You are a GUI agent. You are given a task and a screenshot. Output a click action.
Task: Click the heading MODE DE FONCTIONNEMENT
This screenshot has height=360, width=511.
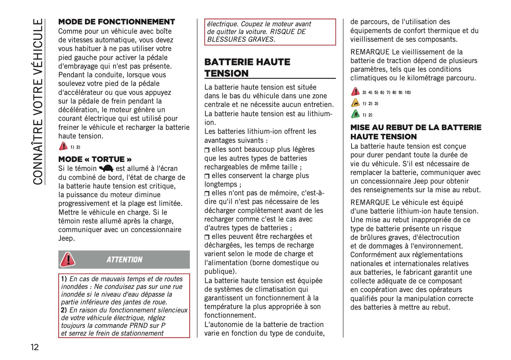click(x=116, y=22)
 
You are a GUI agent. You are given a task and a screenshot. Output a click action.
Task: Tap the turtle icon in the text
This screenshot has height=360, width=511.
click(x=106, y=169)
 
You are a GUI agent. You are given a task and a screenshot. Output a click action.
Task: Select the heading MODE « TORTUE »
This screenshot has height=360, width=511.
click(x=95, y=159)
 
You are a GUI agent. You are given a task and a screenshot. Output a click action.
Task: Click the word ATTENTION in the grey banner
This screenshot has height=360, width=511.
click(x=124, y=260)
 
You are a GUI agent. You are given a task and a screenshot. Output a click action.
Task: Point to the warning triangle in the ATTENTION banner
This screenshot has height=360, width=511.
click(x=68, y=259)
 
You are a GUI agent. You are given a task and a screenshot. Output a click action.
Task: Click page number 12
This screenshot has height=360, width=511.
click(x=34, y=347)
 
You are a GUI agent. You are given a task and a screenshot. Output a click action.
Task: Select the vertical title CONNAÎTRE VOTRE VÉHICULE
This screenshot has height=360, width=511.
click(x=38, y=102)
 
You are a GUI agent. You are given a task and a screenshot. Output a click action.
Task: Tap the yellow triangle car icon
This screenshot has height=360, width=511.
click(x=355, y=103)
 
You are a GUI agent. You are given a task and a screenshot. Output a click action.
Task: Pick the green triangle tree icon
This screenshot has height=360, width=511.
click(x=355, y=115)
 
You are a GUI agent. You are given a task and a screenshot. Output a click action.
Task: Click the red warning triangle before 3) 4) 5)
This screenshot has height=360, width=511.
click(x=355, y=92)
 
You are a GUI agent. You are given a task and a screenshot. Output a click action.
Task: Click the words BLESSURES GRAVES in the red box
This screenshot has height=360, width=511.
click(x=241, y=40)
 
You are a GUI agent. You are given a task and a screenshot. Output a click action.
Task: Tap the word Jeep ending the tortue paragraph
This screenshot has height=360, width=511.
click(x=66, y=238)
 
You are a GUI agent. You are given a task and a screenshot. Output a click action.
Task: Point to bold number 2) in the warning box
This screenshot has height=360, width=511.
click(x=64, y=310)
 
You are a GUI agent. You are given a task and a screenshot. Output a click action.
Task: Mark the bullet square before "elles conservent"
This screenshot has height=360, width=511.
click(x=207, y=176)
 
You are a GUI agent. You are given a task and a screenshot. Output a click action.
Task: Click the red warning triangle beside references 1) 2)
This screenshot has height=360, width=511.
click(x=63, y=146)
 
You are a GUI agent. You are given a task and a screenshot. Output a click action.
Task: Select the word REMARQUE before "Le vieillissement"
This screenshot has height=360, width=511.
click(x=370, y=52)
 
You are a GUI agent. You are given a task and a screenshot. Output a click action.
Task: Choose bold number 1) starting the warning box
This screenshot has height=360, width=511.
click(x=64, y=279)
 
